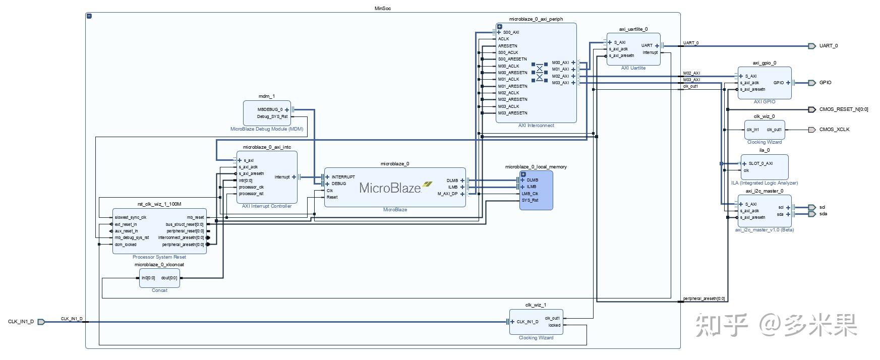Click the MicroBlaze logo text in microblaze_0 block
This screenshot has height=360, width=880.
tap(390, 188)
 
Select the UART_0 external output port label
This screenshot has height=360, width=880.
tap(828, 46)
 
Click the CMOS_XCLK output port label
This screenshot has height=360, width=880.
tap(834, 130)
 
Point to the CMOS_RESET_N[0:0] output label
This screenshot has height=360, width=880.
tap(843, 109)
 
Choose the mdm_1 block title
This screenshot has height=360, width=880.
tap(266, 96)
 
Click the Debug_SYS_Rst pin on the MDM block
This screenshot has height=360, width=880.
tap(272, 116)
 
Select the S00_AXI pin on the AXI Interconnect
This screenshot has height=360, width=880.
tap(511, 32)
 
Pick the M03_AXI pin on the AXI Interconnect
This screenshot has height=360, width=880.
tap(560, 83)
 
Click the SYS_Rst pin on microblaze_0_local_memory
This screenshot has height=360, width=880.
tap(530, 200)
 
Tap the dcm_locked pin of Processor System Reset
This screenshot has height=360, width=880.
tap(126, 245)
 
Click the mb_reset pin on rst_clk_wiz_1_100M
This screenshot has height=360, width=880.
tap(195, 218)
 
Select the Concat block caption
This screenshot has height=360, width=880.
tap(159, 290)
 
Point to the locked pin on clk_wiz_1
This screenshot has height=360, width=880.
tap(554, 325)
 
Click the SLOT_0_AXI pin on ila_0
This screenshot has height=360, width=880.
tap(760, 163)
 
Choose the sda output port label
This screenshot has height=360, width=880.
tap(823, 214)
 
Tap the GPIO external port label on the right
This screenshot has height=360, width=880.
tap(825, 83)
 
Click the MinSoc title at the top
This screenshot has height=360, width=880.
tap(383, 9)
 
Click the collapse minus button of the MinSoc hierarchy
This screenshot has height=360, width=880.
tap(89, 16)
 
